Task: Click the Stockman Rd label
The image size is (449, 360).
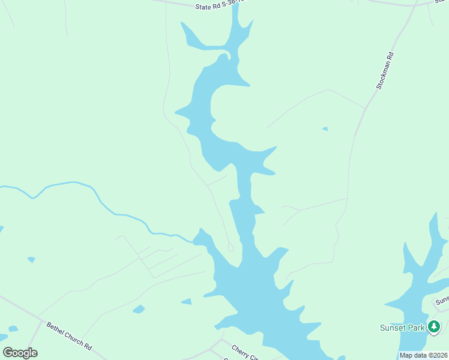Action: point(385,71)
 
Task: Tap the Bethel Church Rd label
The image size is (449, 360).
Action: point(69,336)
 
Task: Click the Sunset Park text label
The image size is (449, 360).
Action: point(402,328)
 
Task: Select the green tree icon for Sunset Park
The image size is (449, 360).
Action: point(434,327)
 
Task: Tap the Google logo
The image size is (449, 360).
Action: point(20,353)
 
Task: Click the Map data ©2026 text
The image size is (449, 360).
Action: point(423,355)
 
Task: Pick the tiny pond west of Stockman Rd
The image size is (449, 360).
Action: point(325,128)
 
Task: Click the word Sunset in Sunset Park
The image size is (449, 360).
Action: point(393,328)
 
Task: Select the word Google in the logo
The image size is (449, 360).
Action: point(20,353)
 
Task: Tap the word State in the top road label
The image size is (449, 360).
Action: point(204,7)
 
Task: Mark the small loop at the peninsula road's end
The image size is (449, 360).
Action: point(231,247)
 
